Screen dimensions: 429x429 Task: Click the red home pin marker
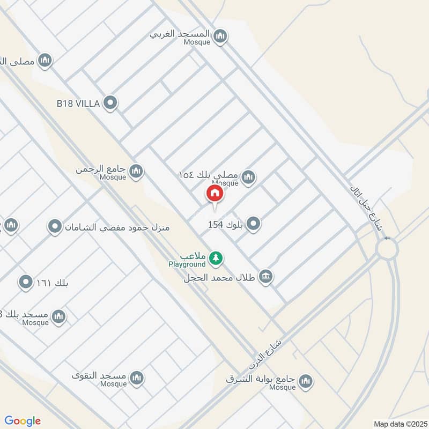click(x=215, y=194)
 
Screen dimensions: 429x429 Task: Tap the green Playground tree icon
click(x=216, y=258)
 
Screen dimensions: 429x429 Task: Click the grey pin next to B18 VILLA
click(x=110, y=103)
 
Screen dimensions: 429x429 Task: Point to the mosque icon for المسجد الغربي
click(x=219, y=37)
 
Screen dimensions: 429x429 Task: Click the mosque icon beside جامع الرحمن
click(x=136, y=172)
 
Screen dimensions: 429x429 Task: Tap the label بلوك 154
click(x=226, y=225)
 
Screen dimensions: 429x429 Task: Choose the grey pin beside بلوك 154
click(x=253, y=225)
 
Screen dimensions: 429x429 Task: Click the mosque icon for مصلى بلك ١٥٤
click(x=248, y=176)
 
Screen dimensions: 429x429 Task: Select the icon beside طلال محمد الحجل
click(x=265, y=277)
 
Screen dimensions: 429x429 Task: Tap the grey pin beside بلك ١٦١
click(x=25, y=282)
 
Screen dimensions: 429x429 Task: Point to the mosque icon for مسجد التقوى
click(x=137, y=378)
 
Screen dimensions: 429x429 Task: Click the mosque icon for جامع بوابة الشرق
click(x=306, y=382)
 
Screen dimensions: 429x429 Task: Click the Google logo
click(x=23, y=421)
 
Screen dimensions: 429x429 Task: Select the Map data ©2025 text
click(x=399, y=424)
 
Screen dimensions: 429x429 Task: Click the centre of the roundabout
click(x=386, y=249)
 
